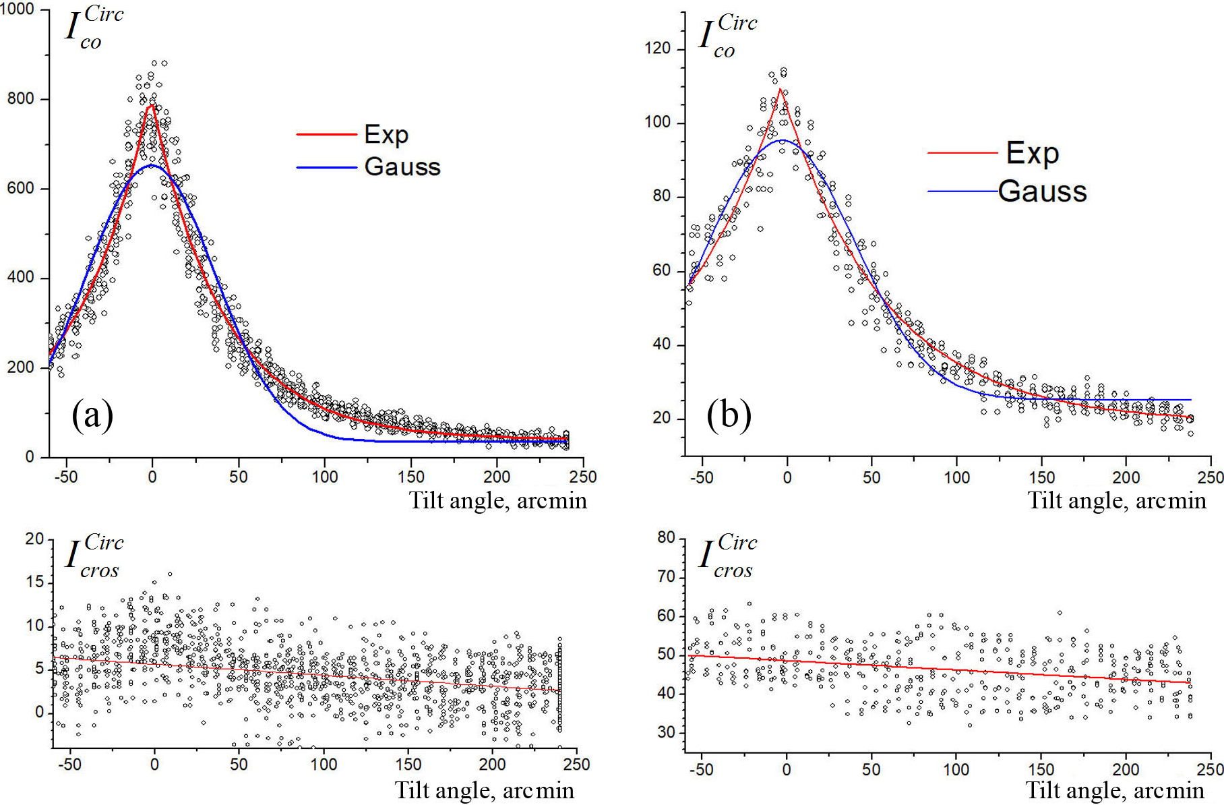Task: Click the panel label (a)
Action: [x=92, y=415]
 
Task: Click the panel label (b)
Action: [x=729, y=415]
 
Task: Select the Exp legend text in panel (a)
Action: [x=386, y=134]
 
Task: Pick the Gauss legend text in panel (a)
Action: [x=402, y=167]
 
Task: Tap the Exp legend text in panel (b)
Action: [x=1032, y=154]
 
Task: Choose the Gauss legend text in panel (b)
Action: [x=1042, y=191]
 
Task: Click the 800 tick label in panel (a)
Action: [x=20, y=99]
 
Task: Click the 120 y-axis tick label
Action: [x=657, y=49]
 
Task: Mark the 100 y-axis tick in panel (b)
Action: [x=657, y=123]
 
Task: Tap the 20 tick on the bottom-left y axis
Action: [x=34, y=539]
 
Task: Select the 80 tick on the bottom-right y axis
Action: [x=666, y=537]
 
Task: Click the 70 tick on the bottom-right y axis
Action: [x=666, y=576]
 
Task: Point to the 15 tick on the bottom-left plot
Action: [x=34, y=582]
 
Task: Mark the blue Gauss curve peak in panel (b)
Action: [x=784, y=140]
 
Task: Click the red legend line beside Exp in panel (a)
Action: [x=326, y=135]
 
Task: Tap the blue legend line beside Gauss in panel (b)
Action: [x=962, y=191]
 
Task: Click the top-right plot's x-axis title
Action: [x=1116, y=501]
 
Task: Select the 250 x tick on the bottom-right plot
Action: [x=1210, y=769]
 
